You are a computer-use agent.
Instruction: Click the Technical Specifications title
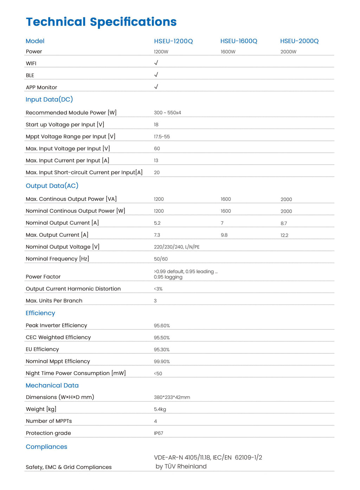click(101, 22)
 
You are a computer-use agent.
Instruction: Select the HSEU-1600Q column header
click(239, 41)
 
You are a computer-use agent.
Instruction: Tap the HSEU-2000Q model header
click(299, 41)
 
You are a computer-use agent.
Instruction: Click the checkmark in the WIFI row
click(156, 63)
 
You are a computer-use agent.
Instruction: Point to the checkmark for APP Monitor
click(156, 87)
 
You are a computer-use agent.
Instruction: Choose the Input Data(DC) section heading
click(49, 99)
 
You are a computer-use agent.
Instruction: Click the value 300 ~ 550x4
click(167, 113)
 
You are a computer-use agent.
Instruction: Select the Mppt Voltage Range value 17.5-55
click(162, 137)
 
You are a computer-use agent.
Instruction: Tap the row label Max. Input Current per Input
click(67, 161)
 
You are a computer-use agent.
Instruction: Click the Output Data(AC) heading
click(52, 186)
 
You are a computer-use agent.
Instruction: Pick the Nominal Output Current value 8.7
click(284, 223)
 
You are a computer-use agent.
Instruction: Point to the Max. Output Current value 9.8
click(224, 235)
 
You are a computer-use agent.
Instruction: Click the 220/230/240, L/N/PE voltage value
click(176, 247)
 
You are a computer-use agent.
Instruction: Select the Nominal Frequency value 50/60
click(161, 259)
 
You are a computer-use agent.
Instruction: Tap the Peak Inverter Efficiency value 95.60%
click(162, 326)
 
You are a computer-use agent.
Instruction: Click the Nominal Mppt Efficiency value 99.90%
click(162, 361)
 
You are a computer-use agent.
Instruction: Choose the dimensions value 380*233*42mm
click(172, 397)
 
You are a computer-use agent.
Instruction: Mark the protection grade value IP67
click(159, 433)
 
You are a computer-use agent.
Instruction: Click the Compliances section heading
click(46, 447)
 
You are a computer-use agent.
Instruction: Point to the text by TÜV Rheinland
click(181, 466)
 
